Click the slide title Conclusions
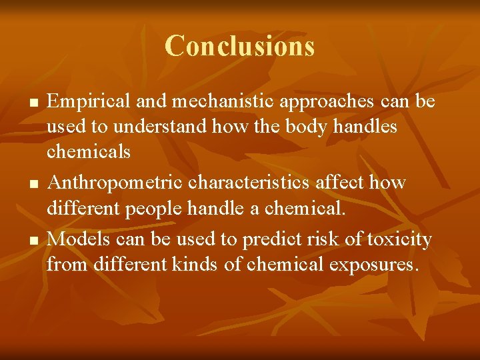(x=239, y=46)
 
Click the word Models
(x=75, y=238)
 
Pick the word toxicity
(x=397, y=239)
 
